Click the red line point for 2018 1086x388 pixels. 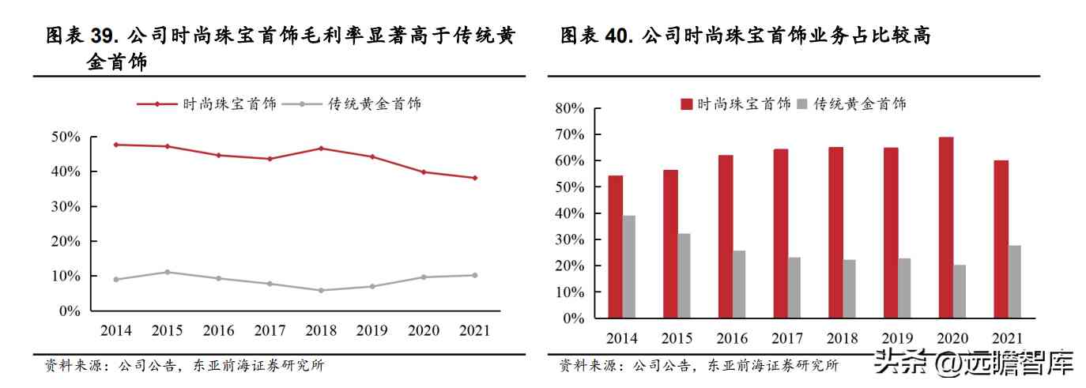[x=320, y=149]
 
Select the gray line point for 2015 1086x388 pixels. [x=167, y=272]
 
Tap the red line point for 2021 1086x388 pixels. [x=474, y=178]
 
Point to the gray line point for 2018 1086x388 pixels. [x=320, y=290]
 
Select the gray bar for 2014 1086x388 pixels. [x=628, y=266]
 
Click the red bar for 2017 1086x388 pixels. [x=780, y=233]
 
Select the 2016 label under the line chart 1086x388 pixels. [x=218, y=330]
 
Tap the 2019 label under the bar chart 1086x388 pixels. [x=897, y=338]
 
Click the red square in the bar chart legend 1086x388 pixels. [x=686, y=104]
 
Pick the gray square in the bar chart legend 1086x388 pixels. [x=803, y=104]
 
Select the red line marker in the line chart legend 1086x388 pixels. [x=157, y=104]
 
